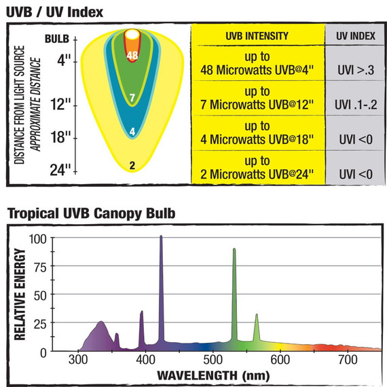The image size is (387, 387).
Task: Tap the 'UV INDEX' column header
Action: point(354,35)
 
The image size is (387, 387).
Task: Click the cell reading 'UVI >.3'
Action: point(355,69)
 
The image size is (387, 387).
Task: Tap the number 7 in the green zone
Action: point(133,98)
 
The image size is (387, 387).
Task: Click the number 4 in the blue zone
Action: point(133,131)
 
